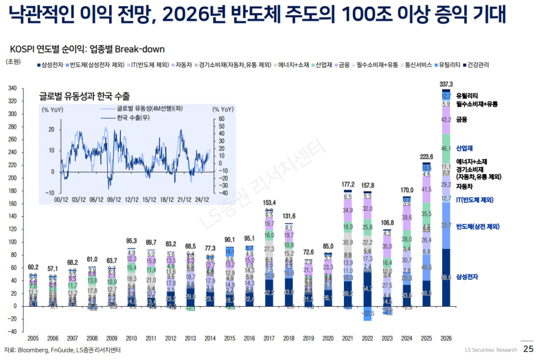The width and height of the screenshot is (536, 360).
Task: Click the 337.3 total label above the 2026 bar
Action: pos(446,84)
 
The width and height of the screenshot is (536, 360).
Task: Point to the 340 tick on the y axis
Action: pos(12,88)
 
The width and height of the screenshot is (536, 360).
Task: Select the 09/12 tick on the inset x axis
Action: pos(114,199)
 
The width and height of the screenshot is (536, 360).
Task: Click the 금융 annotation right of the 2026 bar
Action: pos(462,119)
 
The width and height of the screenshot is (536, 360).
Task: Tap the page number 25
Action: pos(528,349)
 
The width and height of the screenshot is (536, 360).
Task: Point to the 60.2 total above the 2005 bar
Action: pos(33,267)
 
